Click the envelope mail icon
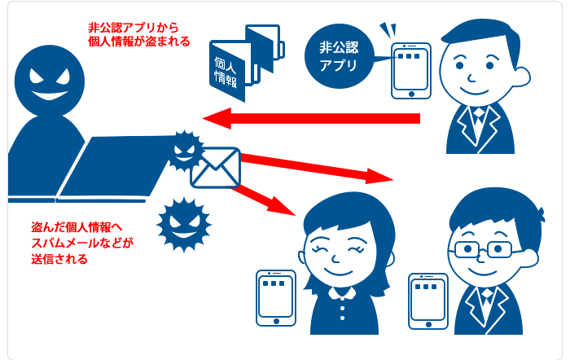pyautogui.click(x=215, y=167)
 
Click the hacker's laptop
pyautogui.click(x=114, y=167)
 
